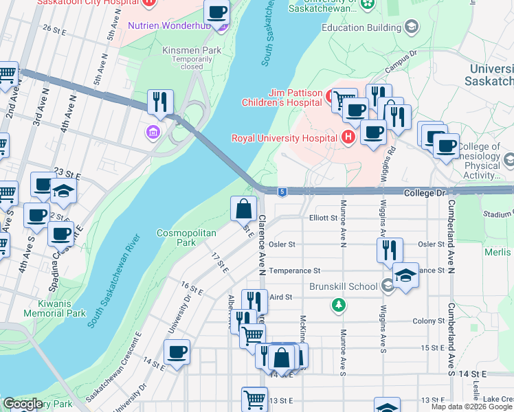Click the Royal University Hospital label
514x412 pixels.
pos(284,137)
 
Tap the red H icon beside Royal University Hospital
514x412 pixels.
pos(348,137)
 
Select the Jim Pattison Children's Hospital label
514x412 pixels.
pos(282,98)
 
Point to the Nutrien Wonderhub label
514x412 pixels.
pos(169,26)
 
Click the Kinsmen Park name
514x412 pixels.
pos(182,50)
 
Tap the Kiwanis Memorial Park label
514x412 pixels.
pos(54,308)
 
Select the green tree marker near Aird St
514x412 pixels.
pos(338,304)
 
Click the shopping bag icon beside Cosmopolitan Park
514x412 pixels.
pos(244,208)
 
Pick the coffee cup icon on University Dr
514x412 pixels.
pos(177,352)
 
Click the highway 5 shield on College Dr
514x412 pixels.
pos(282,191)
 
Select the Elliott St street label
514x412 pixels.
pos(323,218)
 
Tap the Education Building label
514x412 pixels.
pos(361,27)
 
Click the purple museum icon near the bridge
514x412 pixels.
pos(152,131)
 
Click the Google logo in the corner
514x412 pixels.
pos(23,404)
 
